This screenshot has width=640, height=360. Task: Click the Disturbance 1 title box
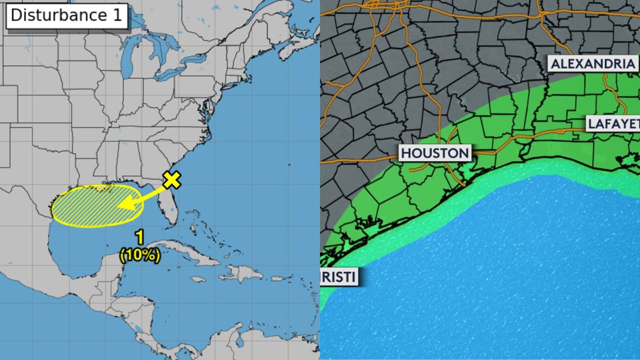(x=66, y=15)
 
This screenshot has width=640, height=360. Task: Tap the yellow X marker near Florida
(x=171, y=180)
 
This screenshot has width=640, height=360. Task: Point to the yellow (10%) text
(x=140, y=256)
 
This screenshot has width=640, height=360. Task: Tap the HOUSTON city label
(x=435, y=153)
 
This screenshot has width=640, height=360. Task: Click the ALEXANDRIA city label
(x=592, y=64)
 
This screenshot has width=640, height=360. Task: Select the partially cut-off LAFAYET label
(x=612, y=123)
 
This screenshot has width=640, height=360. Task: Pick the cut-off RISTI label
(x=339, y=276)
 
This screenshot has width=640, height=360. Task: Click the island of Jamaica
(x=198, y=279)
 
